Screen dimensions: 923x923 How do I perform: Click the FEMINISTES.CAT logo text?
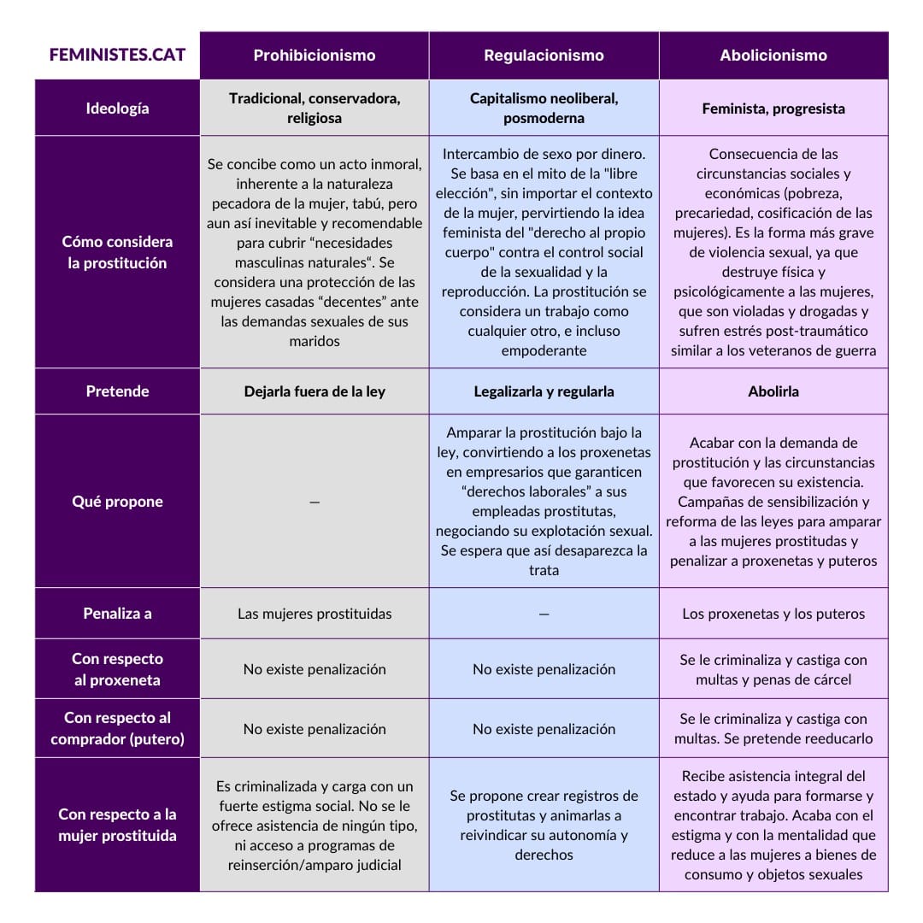tap(117, 56)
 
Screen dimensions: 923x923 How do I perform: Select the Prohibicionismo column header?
tap(315, 56)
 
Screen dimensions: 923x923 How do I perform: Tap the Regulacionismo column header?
tap(544, 56)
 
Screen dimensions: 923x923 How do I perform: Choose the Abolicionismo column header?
tap(773, 56)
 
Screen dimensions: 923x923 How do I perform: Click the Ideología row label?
tap(117, 109)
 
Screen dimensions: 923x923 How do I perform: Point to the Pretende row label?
tap(117, 391)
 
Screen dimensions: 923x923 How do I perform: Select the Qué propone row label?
tap(117, 502)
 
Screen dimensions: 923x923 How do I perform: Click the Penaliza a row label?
tap(117, 614)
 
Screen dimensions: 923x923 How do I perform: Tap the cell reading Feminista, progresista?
tap(773, 109)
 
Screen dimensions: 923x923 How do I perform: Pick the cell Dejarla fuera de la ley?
tap(315, 391)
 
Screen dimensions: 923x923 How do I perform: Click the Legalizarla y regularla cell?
tap(544, 391)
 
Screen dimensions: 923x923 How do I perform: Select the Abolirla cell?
tap(773, 391)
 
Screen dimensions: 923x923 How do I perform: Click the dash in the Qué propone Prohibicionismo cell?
tap(315, 503)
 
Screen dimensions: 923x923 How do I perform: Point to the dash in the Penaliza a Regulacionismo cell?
tap(544, 614)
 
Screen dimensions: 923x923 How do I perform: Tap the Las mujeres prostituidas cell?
tap(315, 614)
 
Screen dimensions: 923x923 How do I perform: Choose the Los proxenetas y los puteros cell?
tap(773, 614)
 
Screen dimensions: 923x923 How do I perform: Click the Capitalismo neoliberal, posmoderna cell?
tap(544, 109)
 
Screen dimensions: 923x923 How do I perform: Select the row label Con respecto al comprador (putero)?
tap(117, 728)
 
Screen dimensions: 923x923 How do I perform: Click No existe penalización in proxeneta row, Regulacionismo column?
tap(544, 669)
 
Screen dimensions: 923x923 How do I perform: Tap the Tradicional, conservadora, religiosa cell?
tap(315, 109)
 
